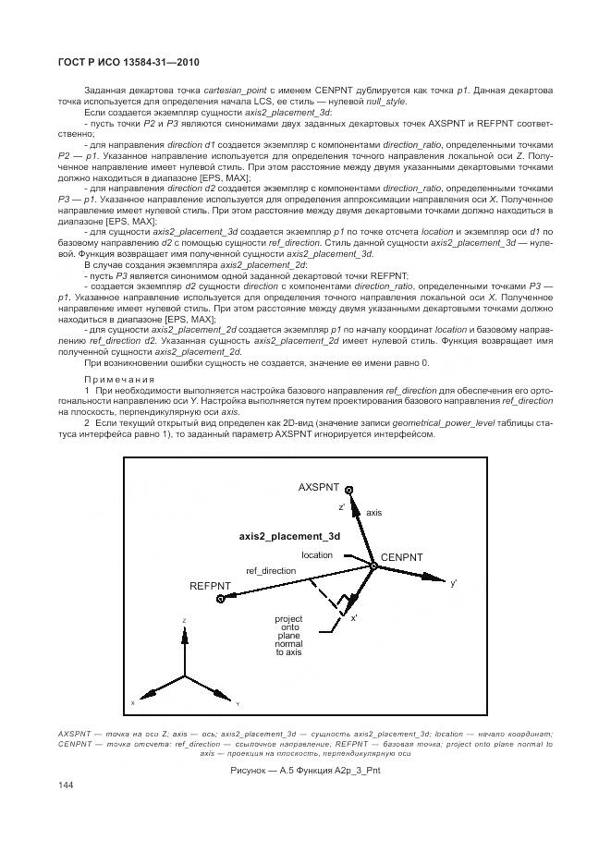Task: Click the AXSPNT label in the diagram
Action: [319, 486]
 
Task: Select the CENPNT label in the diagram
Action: [402, 557]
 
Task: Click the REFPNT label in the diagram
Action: [210, 586]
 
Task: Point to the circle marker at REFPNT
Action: [222, 600]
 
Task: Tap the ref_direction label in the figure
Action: [271, 571]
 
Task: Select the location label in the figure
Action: [316, 555]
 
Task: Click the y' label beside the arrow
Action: [454, 584]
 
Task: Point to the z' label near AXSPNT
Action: [342, 506]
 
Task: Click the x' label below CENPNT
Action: [354, 618]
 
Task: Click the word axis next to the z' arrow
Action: [373, 511]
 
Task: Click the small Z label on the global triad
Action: [185, 621]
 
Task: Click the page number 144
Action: [67, 785]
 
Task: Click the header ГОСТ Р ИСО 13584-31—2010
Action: [129, 62]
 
